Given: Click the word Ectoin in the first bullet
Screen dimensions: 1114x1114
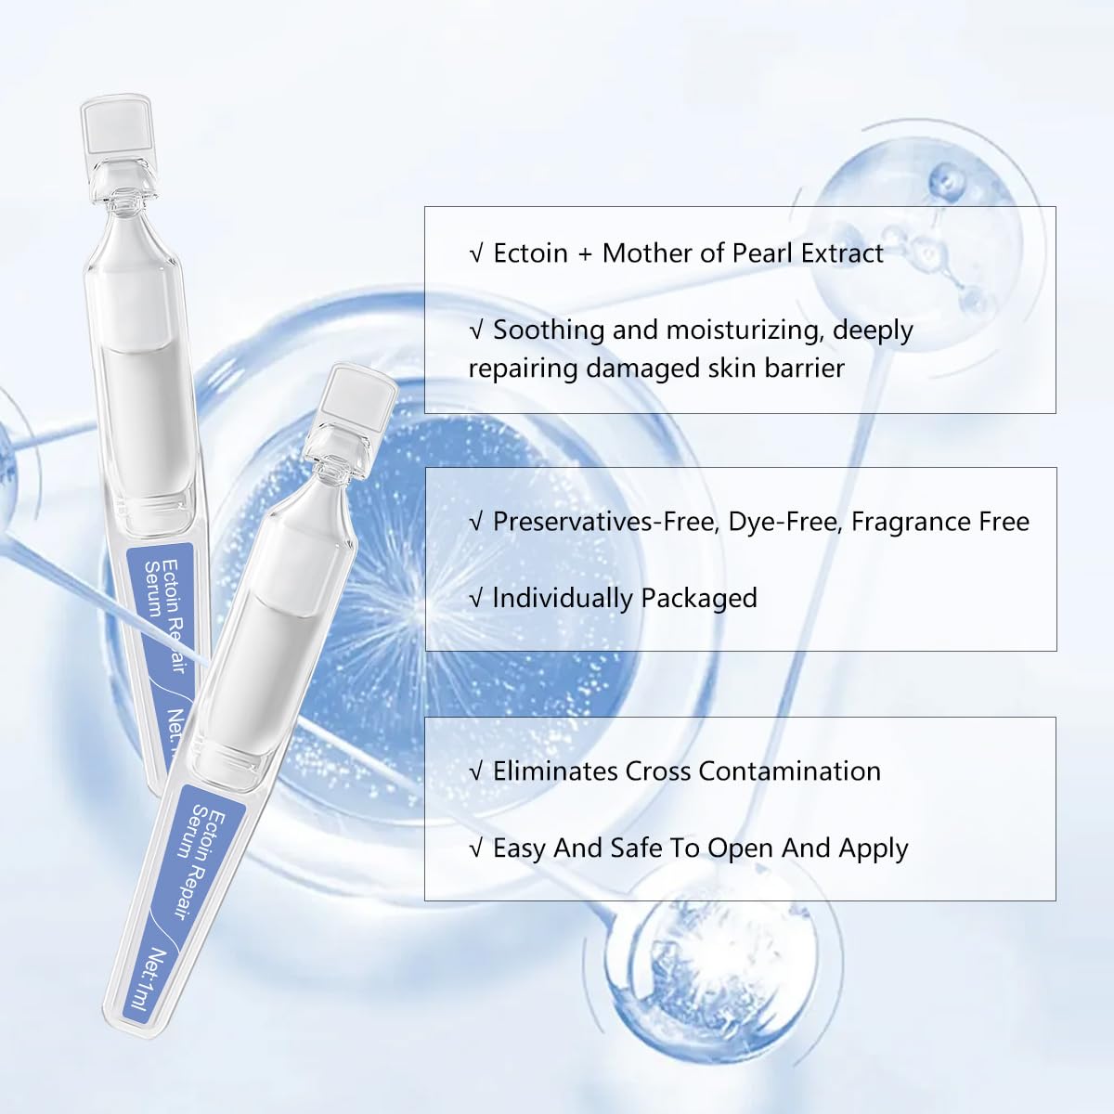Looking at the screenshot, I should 530,253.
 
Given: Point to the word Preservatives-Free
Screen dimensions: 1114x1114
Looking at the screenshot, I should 605,522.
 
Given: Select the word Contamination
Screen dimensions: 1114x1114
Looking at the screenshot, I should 789,771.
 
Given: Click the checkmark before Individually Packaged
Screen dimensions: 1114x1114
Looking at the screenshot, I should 476,599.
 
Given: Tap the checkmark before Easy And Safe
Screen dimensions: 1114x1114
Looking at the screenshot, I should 476,848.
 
